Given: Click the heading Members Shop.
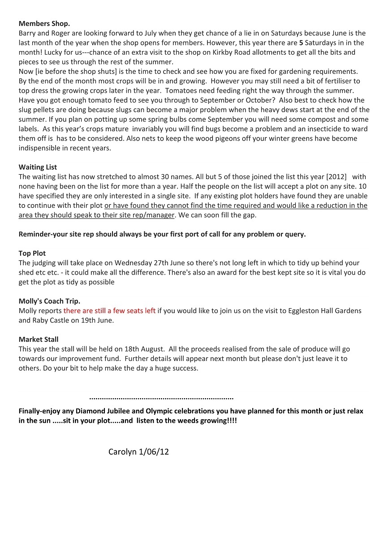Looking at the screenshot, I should click(x=44, y=23).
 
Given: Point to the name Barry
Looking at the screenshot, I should click(x=28, y=33).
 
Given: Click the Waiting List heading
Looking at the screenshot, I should click(x=38, y=167).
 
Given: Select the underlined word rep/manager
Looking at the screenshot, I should click(x=153, y=215).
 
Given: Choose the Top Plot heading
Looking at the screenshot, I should click(x=32, y=253).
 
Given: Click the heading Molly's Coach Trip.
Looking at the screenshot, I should click(x=49, y=301).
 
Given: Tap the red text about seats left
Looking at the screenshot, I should click(x=109, y=311).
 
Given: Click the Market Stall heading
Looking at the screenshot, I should click(x=39, y=339).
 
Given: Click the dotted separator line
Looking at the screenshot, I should click(x=161, y=398).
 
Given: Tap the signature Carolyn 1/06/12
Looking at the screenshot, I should click(x=138, y=452).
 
